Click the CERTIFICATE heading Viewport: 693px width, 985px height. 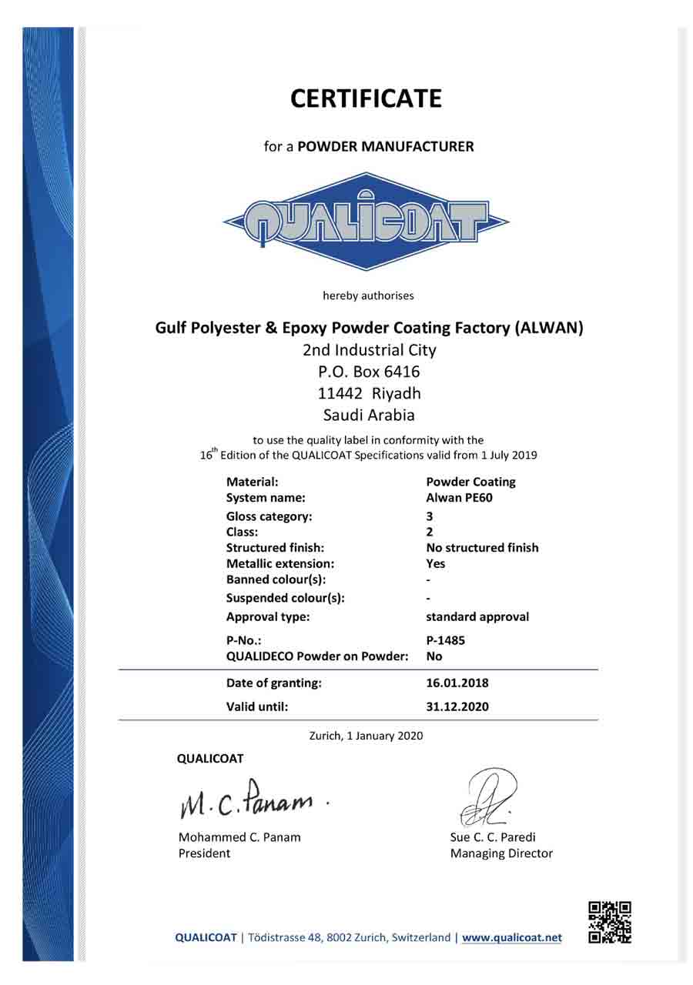pyautogui.click(x=366, y=98)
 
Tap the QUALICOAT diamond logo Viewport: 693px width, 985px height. pyautogui.click(x=367, y=222)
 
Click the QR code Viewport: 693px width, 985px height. pyautogui.click(x=609, y=923)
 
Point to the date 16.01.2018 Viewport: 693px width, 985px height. pyautogui.click(x=457, y=683)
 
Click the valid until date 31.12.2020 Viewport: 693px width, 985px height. pyautogui.click(x=457, y=706)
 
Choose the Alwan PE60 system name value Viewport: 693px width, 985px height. pyautogui.click(x=459, y=497)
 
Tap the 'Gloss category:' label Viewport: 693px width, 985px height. pyautogui.click(x=269, y=516)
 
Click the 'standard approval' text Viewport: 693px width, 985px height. pyautogui.click(x=477, y=616)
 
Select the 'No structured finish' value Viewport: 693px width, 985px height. pyautogui.click(x=482, y=548)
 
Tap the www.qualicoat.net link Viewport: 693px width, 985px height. pyautogui.click(x=512, y=937)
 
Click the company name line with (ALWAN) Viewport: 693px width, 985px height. pyautogui.click(x=370, y=328)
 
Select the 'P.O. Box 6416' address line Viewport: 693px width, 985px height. pyautogui.click(x=370, y=372)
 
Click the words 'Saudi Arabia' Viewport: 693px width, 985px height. pyautogui.click(x=370, y=415)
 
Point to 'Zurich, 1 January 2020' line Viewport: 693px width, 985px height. pyautogui.click(x=366, y=736)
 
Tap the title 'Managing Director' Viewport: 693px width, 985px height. pyautogui.click(x=501, y=853)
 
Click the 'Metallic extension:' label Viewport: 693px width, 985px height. pyautogui.click(x=280, y=563)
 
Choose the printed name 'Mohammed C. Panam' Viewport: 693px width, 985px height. pyautogui.click(x=239, y=837)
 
